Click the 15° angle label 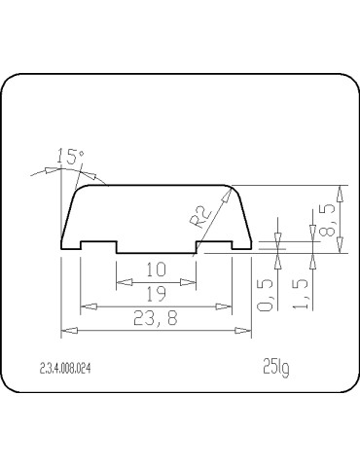point(71,156)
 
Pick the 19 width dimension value point(157,292)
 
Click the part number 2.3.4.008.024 point(69,368)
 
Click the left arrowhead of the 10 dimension point(121,281)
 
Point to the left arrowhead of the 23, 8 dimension point(66,332)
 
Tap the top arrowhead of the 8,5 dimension point(339,190)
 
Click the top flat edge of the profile point(156,185)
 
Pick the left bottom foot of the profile point(72,247)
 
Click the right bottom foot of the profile point(241,247)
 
